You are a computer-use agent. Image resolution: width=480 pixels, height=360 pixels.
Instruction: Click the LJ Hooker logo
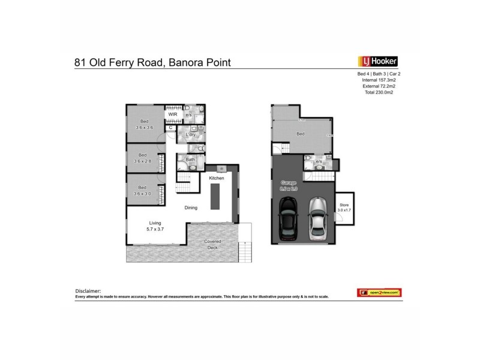tap(377, 61)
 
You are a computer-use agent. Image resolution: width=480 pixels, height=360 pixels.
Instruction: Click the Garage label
tap(289, 185)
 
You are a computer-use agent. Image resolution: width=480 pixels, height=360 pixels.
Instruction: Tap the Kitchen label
tap(216, 179)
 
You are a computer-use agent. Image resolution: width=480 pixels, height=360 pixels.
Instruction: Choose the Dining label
tap(191, 208)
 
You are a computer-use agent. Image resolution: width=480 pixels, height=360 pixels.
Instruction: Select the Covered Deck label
tap(213, 245)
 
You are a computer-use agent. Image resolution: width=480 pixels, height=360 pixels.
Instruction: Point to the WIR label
tap(172, 114)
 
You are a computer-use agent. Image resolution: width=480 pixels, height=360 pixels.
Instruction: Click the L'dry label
tap(191, 136)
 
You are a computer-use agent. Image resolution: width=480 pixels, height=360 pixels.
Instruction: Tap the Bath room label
tap(190, 160)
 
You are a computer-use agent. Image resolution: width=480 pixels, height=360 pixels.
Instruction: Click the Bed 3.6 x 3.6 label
tap(144, 124)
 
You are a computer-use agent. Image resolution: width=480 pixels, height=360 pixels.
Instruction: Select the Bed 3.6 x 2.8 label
tap(144, 158)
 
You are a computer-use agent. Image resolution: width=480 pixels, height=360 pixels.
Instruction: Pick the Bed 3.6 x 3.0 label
tap(144, 190)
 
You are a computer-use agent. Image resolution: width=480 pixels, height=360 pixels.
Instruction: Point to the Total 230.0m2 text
tap(377, 92)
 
